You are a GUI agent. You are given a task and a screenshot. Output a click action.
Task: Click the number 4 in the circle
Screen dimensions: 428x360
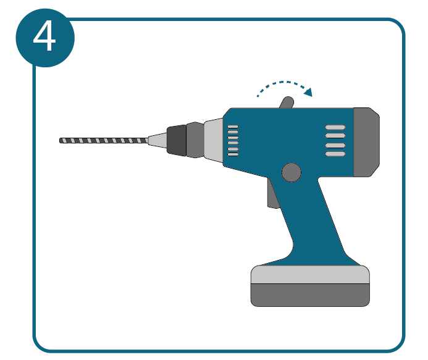[44, 36]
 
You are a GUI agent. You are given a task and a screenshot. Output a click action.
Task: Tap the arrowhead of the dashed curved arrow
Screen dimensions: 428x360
[309, 92]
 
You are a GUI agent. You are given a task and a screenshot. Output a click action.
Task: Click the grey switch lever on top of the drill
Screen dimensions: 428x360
[287, 103]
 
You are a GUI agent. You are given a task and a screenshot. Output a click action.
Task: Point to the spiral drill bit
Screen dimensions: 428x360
[104, 141]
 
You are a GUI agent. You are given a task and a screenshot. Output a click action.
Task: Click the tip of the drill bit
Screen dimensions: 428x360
[60, 141]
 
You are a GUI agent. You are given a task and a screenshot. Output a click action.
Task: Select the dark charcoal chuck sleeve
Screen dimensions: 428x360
[177, 140]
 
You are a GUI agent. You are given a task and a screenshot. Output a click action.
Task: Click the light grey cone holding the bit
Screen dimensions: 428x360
[157, 140]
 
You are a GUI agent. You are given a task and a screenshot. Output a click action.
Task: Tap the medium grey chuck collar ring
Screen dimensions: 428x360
[195, 140]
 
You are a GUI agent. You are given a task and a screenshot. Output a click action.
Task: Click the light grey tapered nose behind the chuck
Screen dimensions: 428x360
[214, 140]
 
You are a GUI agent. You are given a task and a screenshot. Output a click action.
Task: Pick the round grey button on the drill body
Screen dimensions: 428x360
[292, 172]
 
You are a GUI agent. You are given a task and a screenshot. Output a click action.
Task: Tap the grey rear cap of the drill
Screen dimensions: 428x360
[366, 142]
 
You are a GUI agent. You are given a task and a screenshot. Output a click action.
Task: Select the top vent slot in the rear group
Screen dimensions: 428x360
[335, 127]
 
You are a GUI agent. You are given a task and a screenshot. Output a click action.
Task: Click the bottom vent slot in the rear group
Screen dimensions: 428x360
[335, 154]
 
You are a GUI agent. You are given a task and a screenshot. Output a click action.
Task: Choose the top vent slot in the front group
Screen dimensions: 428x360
[233, 127]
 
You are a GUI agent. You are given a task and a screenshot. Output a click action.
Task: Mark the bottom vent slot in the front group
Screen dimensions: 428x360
[233, 154]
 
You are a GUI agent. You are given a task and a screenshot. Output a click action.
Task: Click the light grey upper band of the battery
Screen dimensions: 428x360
[310, 275]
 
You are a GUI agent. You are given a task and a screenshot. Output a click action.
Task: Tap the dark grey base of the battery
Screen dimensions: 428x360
[310, 295]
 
